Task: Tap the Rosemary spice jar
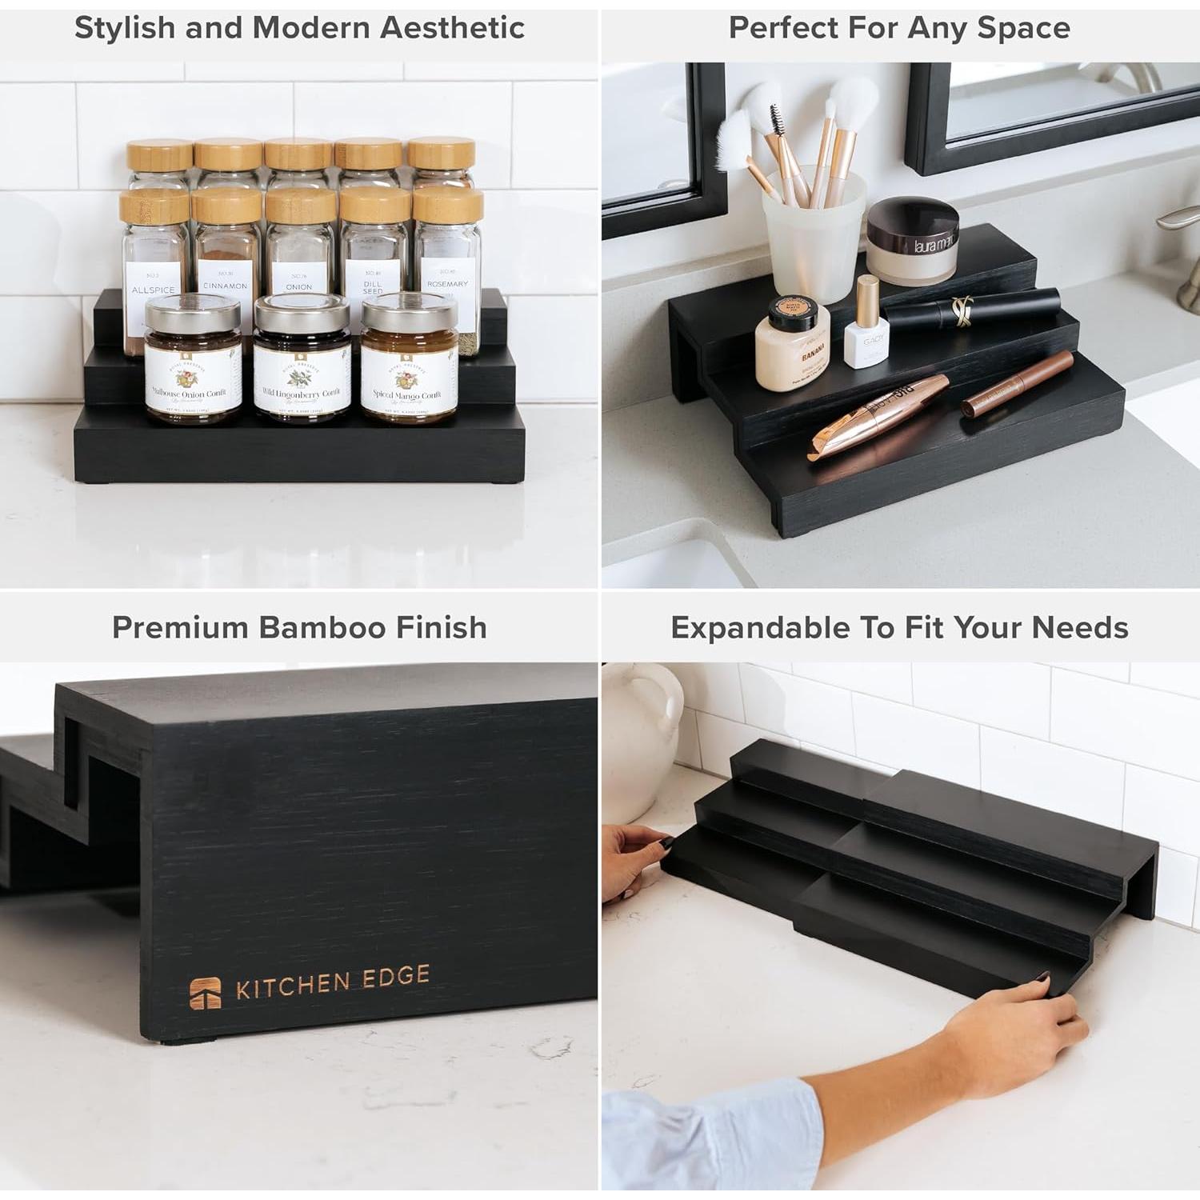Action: [x=446, y=264]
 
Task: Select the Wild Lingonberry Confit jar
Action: [x=302, y=360]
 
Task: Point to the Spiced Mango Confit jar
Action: [x=408, y=360]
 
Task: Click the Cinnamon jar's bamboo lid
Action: [x=226, y=206]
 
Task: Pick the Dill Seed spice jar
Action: [x=374, y=256]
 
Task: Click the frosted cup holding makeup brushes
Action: [x=814, y=240]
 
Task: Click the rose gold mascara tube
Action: [x=880, y=416]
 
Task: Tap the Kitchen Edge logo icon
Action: [x=205, y=993]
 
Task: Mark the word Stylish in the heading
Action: [x=124, y=28]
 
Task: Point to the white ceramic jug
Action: [x=640, y=744]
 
